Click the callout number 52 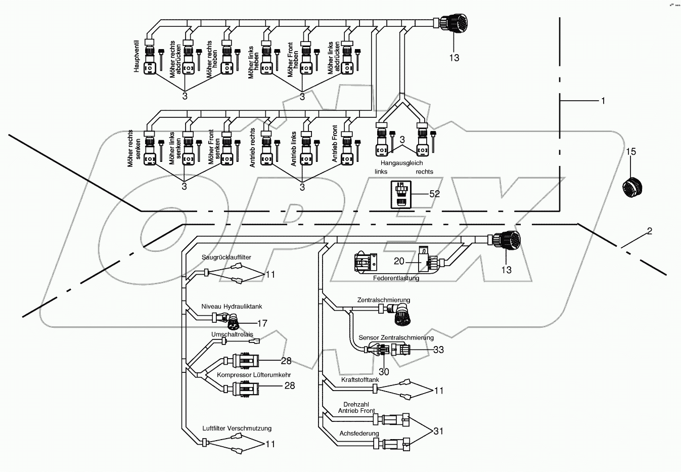(x=434, y=194)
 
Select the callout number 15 (x=631, y=152)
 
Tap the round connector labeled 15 (x=633, y=186)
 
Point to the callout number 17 (x=262, y=323)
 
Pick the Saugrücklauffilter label (x=226, y=258)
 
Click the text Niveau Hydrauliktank (x=232, y=307)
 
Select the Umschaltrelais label (x=232, y=334)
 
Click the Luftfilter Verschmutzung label (x=237, y=428)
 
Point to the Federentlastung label (x=396, y=278)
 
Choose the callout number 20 (x=399, y=261)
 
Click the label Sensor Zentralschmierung (x=396, y=337)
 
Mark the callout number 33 (x=438, y=350)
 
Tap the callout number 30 (x=384, y=371)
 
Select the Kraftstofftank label (x=360, y=379)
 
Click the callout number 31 (x=438, y=431)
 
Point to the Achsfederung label (x=359, y=434)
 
